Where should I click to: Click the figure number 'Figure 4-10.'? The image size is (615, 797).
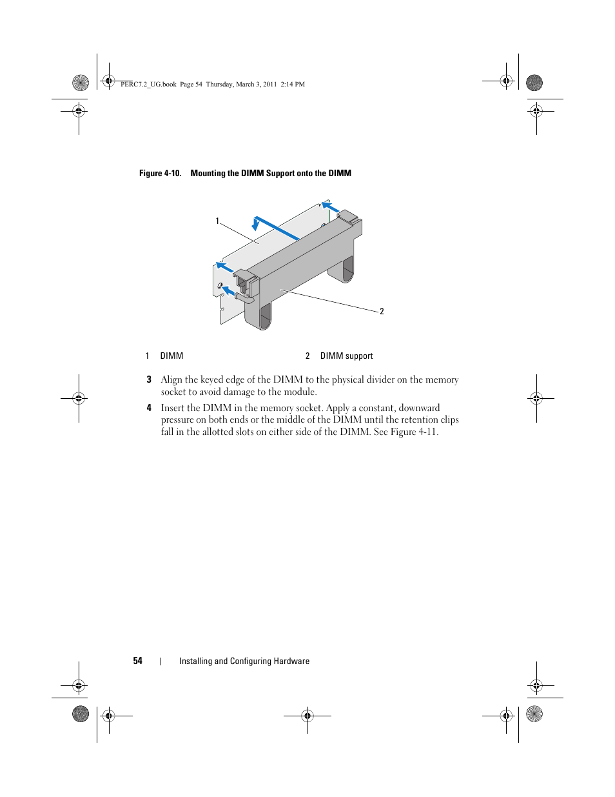coord(160,173)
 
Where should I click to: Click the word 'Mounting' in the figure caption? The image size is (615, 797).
coord(208,173)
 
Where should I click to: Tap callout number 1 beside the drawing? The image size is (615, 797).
coord(217,221)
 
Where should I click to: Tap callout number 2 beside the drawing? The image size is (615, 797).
coord(382,312)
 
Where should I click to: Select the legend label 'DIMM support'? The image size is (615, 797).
coord(346,356)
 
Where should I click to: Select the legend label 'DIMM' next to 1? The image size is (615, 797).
coord(171,356)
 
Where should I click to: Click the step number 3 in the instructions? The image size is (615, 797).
coord(149,379)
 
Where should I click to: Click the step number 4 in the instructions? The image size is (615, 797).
coord(149,408)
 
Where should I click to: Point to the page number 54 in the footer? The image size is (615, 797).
coord(138,661)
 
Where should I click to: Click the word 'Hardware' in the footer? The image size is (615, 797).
coord(292,661)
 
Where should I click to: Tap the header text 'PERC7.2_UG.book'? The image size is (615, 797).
coord(148,84)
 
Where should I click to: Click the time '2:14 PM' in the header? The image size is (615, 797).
coord(293,84)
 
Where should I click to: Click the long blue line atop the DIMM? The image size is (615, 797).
coord(277,228)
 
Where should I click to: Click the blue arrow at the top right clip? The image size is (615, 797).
coord(331,207)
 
